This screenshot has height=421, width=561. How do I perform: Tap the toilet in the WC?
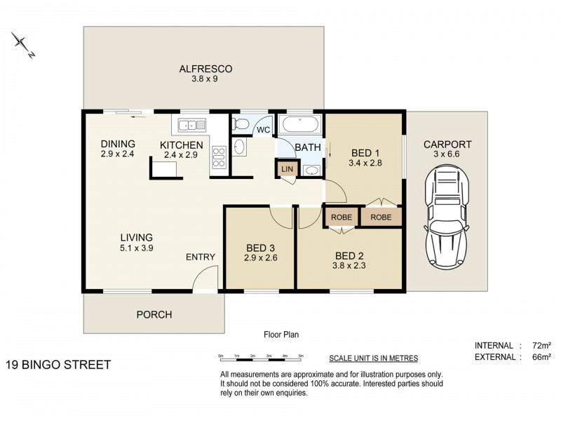click(x=241, y=124)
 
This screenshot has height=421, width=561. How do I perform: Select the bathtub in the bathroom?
click(x=300, y=125)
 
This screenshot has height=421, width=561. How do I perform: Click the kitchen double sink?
click(x=192, y=126)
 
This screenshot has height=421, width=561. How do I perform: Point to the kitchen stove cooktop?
click(x=219, y=157)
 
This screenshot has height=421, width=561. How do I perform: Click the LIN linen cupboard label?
click(x=287, y=169)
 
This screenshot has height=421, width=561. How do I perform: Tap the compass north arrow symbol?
click(x=23, y=45)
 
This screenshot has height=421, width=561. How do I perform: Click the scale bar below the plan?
click(x=261, y=356)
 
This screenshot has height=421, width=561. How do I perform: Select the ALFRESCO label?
click(x=205, y=69)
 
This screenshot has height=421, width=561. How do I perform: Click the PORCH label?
click(x=154, y=314)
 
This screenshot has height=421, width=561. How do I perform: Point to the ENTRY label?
click(x=201, y=257)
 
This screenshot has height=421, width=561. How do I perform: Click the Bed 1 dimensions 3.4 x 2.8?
click(x=365, y=163)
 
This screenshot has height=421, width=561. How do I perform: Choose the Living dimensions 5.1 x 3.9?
click(x=137, y=248)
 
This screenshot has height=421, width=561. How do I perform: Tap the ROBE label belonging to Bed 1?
click(x=381, y=218)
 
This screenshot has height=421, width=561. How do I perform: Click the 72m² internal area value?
click(x=541, y=345)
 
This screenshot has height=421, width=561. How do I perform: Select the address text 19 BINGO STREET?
click(x=58, y=365)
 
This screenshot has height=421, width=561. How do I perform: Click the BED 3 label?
click(x=260, y=248)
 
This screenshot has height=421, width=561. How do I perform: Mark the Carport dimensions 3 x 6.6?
click(x=447, y=154)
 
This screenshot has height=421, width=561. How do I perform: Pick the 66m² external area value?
click(x=541, y=357)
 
